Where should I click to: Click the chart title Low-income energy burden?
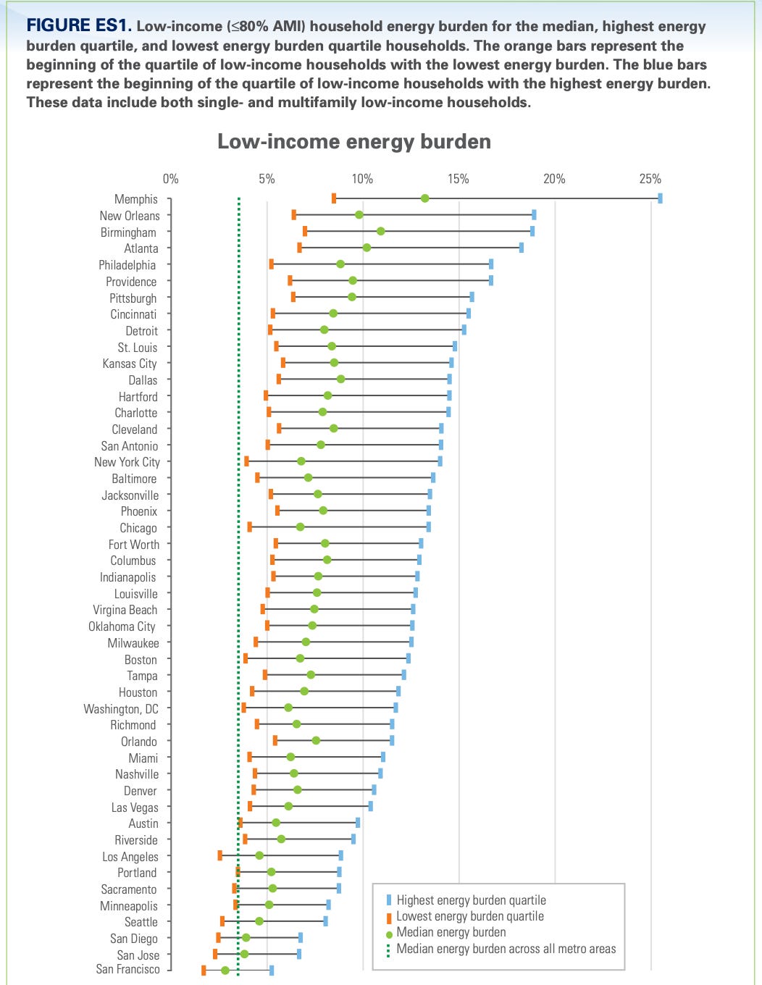[x=354, y=141]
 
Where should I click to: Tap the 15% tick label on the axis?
[x=458, y=179]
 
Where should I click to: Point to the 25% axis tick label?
[x=650, y=179]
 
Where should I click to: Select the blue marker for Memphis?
[x=660, y=198]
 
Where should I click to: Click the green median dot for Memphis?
[x=424, y=198]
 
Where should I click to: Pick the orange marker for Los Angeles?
[x=219, y=855]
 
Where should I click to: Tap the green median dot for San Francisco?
[x=225, y=970]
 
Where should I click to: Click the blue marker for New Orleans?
[x=534, y=215]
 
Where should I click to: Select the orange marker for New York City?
[x=246, y=461]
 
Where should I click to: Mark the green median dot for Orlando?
[x=316, y=740]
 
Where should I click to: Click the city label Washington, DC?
[x=121, y=709]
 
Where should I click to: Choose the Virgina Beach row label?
[x=125, y=610]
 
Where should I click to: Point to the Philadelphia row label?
[x=127, y=265]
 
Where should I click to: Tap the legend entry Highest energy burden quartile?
[x=471, y=900]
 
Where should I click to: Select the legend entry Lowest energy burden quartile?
[x=469, y=916]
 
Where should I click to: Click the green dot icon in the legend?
[x=389, y=934]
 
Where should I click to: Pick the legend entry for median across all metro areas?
[x=506, y=949]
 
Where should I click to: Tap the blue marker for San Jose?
[x=299, y=954]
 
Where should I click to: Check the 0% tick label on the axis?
[x=171, y=179]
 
